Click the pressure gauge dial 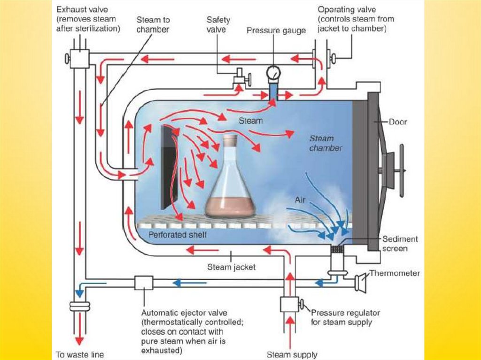272,72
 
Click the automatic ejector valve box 143,283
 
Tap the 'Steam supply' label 292,354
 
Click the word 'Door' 398,122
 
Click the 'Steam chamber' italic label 325,143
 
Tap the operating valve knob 334,59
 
